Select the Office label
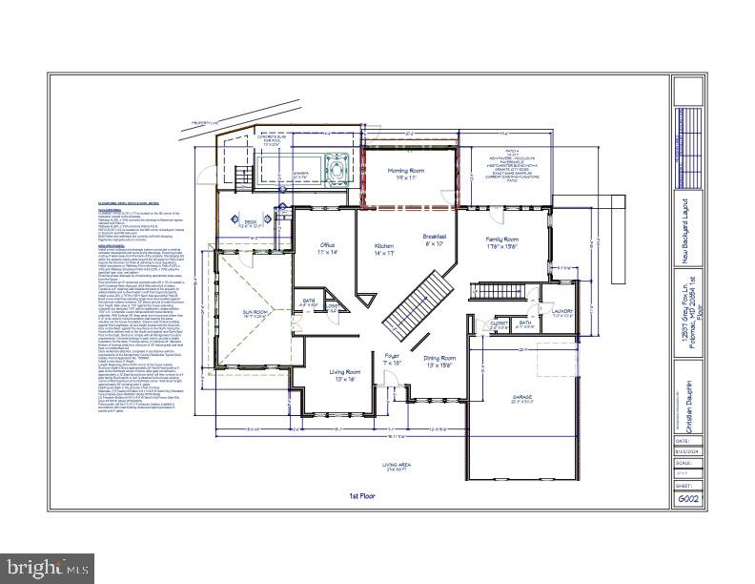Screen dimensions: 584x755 pyautogui.click(x=326, y=250)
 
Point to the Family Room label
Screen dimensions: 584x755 pyautogui.click(x=501, y=242)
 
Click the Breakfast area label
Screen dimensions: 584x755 pyautogui.click(x=435, y=240)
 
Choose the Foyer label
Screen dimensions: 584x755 pyautogui.click(x=393, y=361)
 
